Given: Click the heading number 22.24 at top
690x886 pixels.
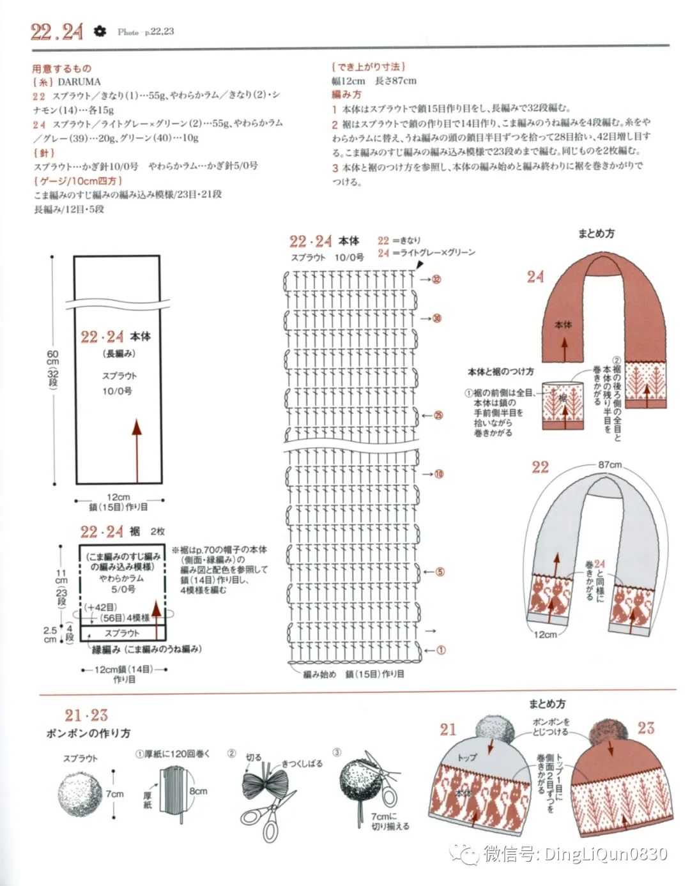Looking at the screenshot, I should coord(57,31).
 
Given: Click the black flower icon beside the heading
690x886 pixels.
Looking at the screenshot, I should coord(100,31).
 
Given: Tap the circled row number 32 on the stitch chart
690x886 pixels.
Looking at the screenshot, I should coord(437,279).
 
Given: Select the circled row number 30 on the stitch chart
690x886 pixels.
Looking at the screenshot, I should coord(437,318).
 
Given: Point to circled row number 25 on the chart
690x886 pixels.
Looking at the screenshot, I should coord(438,415).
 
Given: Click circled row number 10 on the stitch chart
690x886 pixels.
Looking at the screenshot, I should coord(439,474).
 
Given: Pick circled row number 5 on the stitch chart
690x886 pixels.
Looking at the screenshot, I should coord(440,572).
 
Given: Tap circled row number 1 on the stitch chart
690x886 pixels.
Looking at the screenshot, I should coord(440,650).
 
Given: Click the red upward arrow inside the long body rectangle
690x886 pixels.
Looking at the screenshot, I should coord(137,450).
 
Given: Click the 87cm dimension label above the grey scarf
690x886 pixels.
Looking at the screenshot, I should coord(609,464).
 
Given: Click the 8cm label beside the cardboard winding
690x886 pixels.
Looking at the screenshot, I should coord(198,791).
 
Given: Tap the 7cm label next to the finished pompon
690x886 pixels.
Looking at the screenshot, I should coord(115,793).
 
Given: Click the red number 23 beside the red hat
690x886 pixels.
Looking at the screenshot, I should coord(646,728).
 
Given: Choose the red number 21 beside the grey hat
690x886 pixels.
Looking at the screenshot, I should coord(448,729).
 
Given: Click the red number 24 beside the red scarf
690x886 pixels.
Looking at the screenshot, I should coord(535,277).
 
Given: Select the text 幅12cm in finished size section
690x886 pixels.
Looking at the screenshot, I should coord(348,81).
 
